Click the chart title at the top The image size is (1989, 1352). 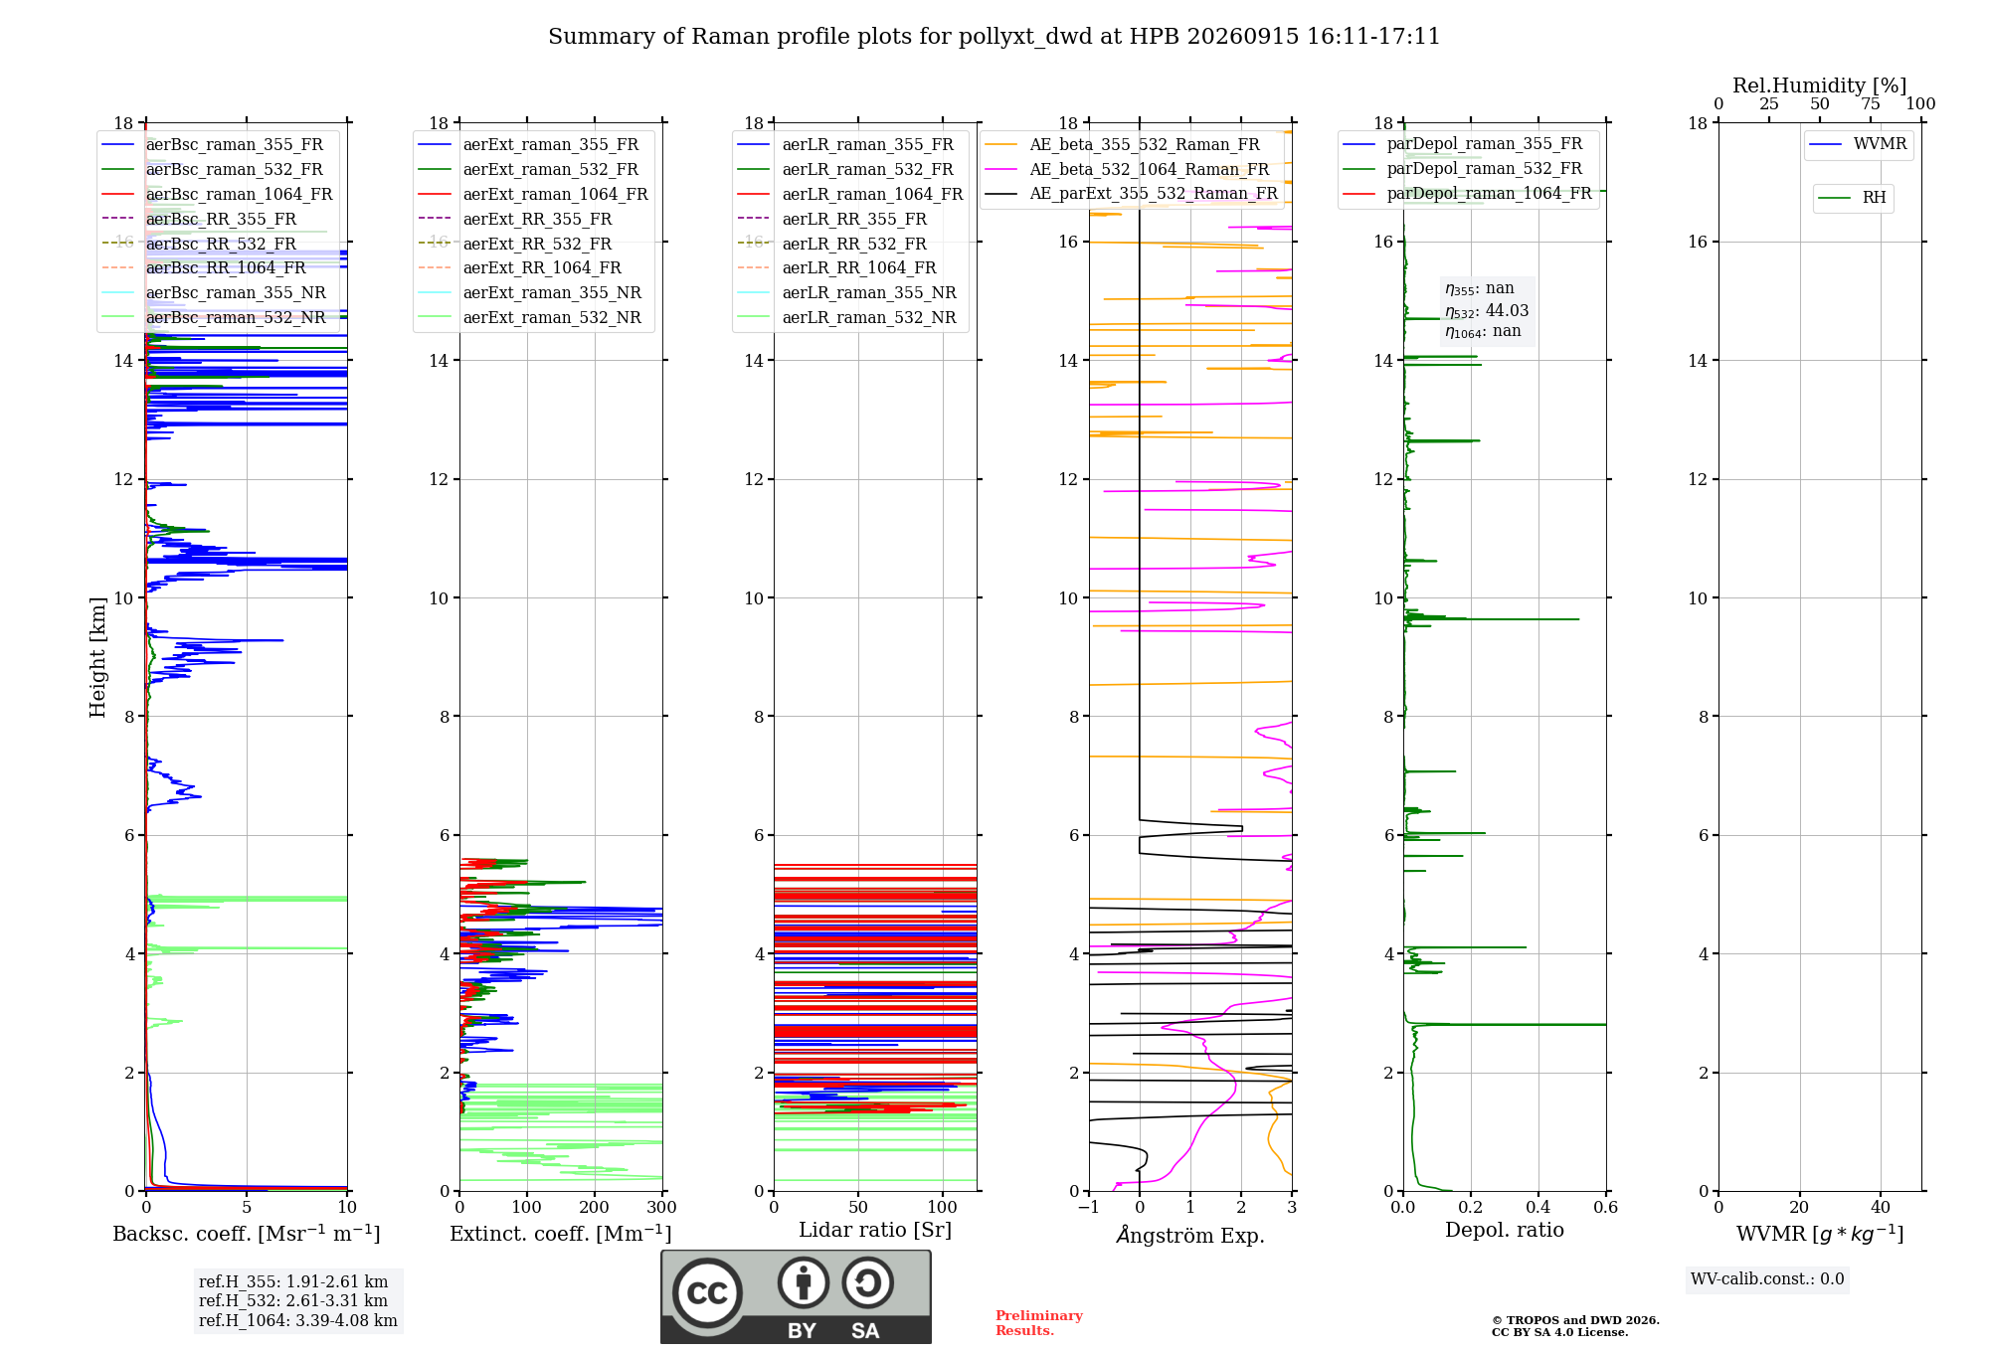click(x=994, y=37)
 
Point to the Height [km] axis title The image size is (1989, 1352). click(x=97, y=657)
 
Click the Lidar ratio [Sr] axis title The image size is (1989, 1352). click(x=875, y=1231)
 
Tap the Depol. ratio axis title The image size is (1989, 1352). click(x=1505, y=1231)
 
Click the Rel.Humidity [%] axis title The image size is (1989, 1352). click(x=1820, y=85)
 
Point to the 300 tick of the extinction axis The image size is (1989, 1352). click(x=662, y=1208)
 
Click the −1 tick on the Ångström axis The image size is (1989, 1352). click(x=1089, y=1208)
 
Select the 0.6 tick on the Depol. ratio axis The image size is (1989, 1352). click(x=1606, y=1208)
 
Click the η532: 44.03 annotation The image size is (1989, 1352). click(x=1487, y=311)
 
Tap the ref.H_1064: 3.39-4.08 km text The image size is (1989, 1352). click(x=298, y=1321)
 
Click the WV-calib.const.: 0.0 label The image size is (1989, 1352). click(x=1767, y=1279)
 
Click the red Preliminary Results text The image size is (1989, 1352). click(x=1039, y=1323)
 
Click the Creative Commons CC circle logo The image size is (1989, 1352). click(x=707, y=1292)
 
